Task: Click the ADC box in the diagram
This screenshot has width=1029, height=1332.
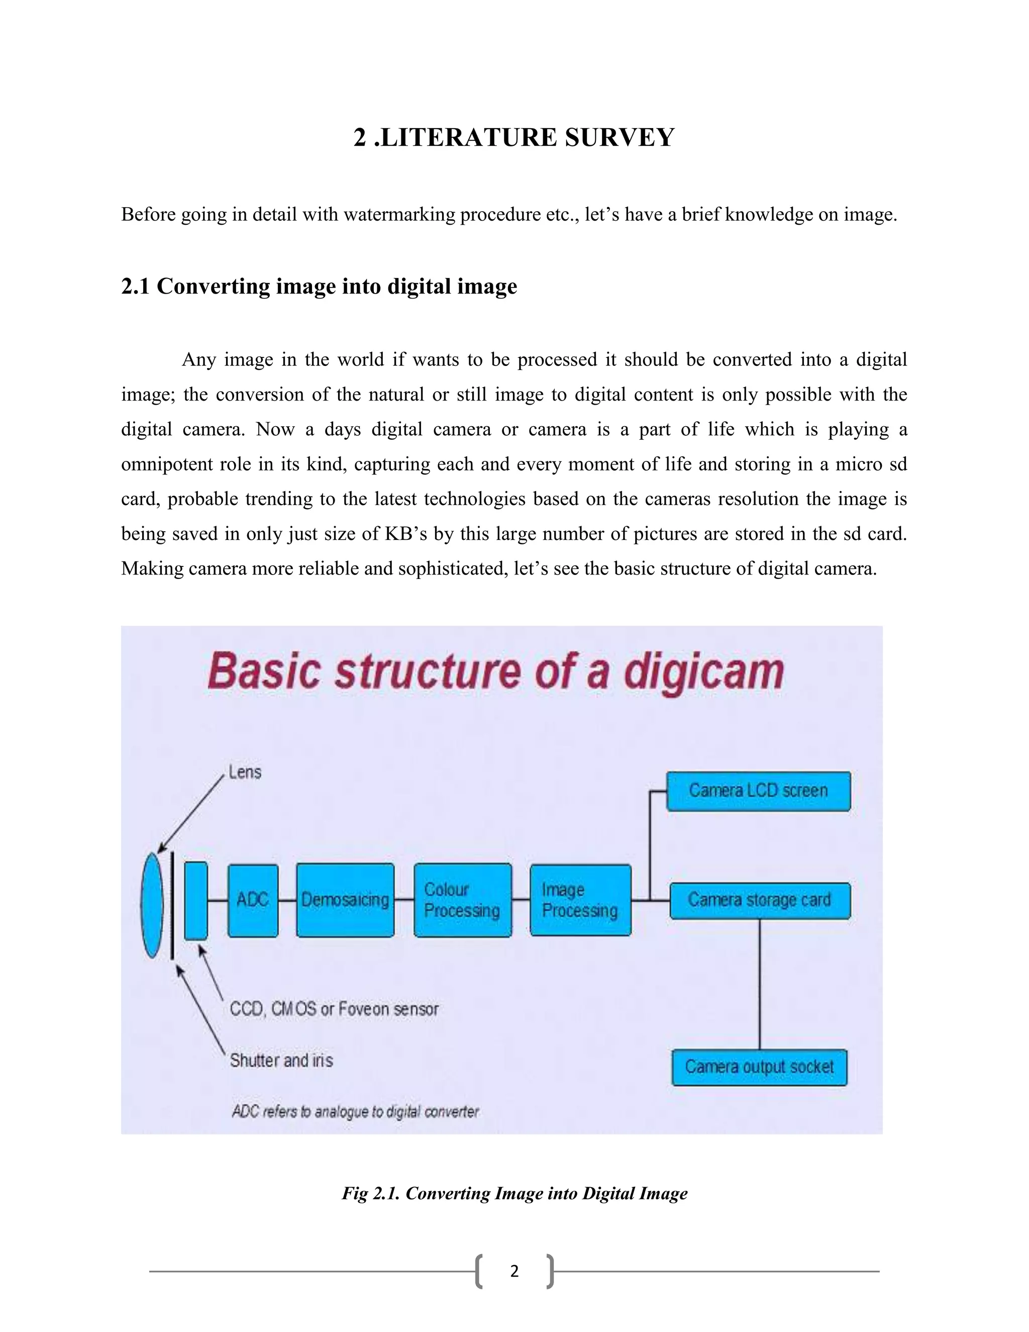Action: coord(253,900)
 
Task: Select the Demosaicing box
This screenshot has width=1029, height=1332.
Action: coord(345,900)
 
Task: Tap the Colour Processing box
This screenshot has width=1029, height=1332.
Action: coord(463,900)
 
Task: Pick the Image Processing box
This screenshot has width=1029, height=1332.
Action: coord(580,900)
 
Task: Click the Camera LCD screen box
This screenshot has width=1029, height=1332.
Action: coord(758,791)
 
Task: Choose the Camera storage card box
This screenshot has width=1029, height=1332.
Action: coord(760,900)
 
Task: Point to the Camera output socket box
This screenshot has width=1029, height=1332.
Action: coord(760,1067)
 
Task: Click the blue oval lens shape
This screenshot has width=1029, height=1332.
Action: coord(152,905)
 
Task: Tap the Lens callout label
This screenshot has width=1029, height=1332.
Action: coord(245,772)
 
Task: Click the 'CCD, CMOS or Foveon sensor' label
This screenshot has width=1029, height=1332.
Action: coord(334,1009)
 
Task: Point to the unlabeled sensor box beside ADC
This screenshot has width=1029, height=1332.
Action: coord(195,900)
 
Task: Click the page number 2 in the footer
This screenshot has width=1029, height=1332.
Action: coord(514,1271)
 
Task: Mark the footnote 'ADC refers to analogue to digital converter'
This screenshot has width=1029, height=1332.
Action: coord(355,1112)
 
